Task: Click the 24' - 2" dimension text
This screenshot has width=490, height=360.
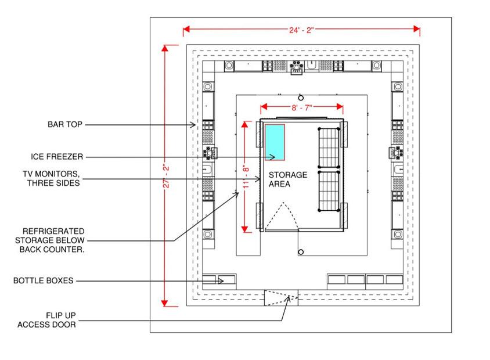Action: coord(301,29)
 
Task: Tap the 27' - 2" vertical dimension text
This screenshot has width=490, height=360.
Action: coord(165,175)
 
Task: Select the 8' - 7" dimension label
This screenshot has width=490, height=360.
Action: coord(301,107)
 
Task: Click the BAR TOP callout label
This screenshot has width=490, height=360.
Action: coord(66,124)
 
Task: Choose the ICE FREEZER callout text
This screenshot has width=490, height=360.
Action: coord(57,157)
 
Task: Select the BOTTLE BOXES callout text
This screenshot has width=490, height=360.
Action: coord(44,281)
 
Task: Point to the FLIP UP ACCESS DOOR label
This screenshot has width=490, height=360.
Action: coord(46,320)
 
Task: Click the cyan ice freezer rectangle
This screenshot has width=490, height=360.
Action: coord(275,142)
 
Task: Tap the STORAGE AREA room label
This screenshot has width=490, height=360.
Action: coord(287,179)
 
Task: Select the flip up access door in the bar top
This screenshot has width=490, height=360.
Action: coord(282,298)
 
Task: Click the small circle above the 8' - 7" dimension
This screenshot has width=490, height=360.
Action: coord(301,97)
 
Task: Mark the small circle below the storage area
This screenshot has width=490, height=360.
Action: coord(301,252)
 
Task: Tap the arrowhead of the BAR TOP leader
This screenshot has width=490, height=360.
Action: coord(196,124)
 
